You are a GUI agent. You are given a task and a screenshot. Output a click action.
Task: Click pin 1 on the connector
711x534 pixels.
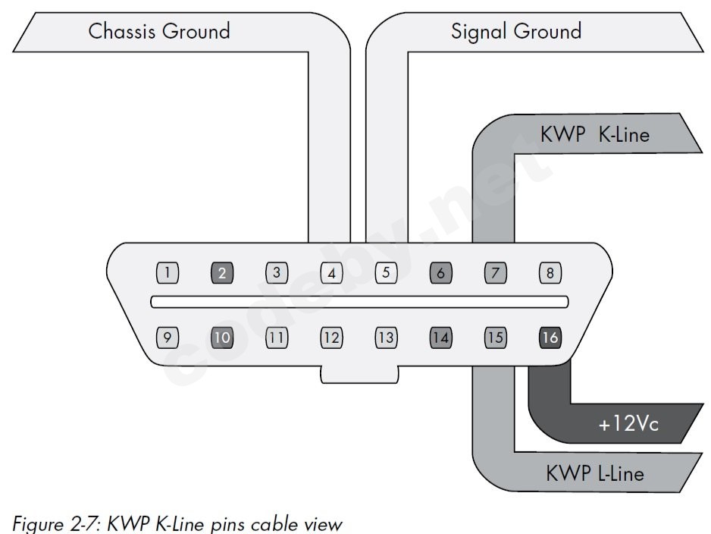click(x=168, y=272)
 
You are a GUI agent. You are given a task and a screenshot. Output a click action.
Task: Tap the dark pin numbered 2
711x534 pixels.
click(x=222, y=272)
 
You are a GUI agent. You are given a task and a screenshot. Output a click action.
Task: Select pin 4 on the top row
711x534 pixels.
click(x=331, y=272)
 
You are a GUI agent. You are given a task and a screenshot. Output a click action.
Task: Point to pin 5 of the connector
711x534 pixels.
click(x=386, y=272)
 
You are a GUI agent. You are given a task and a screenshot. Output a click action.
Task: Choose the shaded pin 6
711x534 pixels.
click(x=440, y=272)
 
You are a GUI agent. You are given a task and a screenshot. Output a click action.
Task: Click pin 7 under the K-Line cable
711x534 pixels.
click(x=495, y=272)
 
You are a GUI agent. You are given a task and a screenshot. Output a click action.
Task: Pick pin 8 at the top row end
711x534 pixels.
click(x=550, y=272)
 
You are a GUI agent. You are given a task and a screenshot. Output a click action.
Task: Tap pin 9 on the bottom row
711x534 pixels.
click(x=168, y=337)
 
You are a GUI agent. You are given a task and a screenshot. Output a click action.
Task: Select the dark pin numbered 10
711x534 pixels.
click(x=222, y=337)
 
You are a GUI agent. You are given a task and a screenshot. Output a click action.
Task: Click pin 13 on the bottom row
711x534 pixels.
click(x=386, y=337)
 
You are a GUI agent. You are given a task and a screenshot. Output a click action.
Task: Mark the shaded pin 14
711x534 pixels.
click(x=440, y=337)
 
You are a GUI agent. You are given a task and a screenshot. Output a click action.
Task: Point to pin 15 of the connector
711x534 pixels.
click(x=495, y=337)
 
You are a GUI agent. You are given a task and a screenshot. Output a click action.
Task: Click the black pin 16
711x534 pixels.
click(x=550, y=337)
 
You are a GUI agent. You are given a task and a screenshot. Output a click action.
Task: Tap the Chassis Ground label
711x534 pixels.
click(x=159, y=32)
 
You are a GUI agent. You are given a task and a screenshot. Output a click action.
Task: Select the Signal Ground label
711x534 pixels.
click(x=515, y=32)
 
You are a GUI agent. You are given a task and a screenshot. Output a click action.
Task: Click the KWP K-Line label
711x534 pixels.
click(x=595, y=134)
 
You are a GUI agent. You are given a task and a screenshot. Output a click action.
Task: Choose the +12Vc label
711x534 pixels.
click(x=628, y=424)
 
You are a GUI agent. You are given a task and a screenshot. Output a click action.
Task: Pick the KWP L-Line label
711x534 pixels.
click(x=595, y=473)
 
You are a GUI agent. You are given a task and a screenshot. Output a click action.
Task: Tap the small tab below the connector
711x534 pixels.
click(x=359, y=373)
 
